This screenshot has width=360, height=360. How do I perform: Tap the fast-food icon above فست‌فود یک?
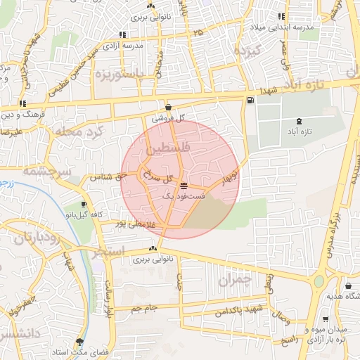click(184, 186)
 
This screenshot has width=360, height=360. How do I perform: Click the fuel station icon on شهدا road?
click(250, 101)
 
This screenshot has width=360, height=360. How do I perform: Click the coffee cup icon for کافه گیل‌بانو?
click(84, 205)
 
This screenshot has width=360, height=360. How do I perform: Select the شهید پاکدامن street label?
click(234, 310)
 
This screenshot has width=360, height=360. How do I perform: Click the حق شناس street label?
click(107, 176)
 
